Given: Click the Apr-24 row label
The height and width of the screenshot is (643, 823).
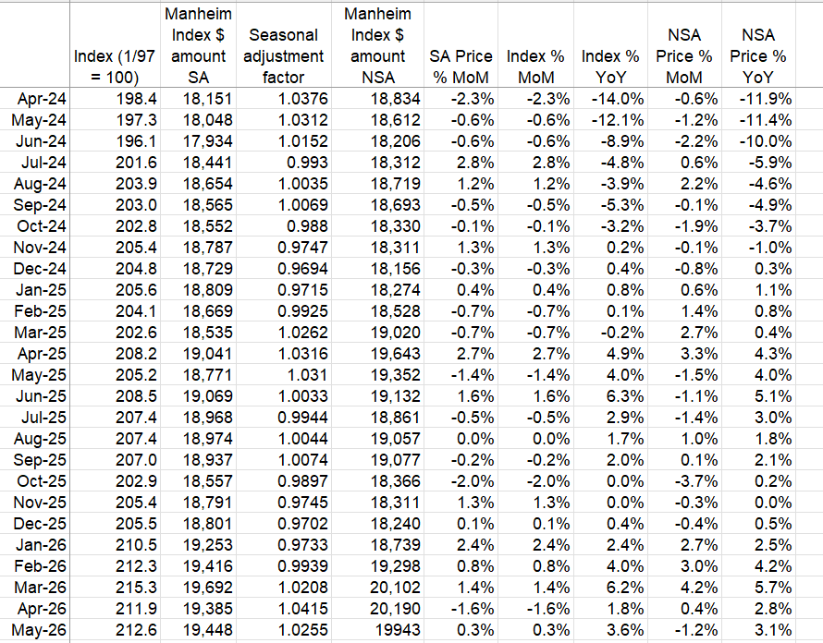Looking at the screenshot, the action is point(42,99).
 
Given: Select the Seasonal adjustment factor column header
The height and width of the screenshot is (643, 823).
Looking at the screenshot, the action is point(284,56).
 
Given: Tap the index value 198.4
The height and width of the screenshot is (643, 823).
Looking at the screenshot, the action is point(136,99).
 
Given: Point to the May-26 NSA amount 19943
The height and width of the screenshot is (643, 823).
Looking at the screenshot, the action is point(395,629).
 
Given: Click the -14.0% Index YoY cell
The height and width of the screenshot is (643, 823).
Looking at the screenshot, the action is point(618,99).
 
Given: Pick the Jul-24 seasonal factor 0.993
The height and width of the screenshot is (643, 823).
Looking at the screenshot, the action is point(307,163).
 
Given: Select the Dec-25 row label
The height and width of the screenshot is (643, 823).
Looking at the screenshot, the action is point(40,524).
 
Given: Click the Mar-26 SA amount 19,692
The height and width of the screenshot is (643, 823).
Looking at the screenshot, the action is point(208,587).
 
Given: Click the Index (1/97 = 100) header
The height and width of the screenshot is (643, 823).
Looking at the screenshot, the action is point(115,67).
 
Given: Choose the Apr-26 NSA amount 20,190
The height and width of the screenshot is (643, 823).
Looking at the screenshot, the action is point(395,609).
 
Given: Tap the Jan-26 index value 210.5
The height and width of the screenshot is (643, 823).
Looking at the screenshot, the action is point(136,544).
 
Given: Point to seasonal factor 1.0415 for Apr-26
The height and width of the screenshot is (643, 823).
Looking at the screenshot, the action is point(303,609).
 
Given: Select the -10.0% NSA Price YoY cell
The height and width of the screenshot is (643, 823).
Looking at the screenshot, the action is point(766,141).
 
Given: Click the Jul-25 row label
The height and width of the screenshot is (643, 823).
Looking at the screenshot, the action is point(43,418).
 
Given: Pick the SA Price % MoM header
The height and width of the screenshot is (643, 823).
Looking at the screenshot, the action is point(461,67).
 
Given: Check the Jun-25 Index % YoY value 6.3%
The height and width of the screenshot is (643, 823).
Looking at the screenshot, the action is point(624,396).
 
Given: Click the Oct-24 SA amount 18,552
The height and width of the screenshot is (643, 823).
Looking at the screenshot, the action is point(208,226).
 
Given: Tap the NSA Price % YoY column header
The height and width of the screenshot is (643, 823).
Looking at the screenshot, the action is point(758,56).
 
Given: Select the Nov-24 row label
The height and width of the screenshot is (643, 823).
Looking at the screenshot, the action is point(40,248).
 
